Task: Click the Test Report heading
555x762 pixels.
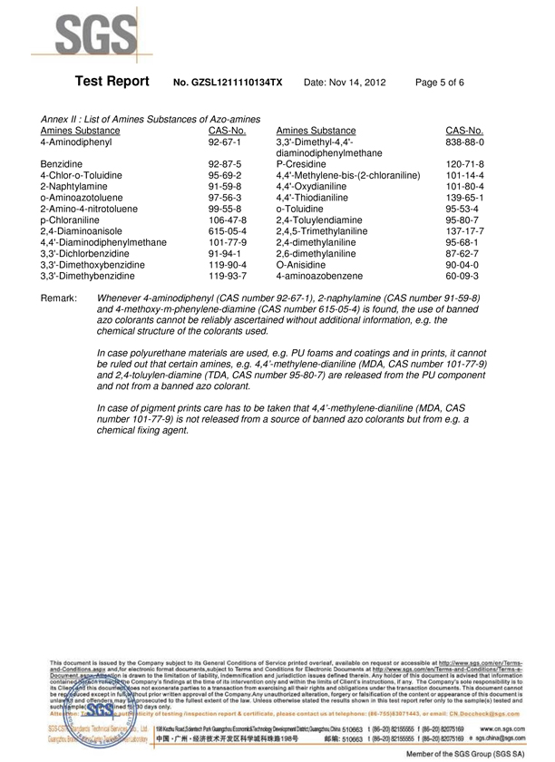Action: tap(112, 82)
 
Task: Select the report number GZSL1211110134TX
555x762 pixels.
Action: tap(228, 83)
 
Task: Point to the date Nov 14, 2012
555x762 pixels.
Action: tap(345, 83)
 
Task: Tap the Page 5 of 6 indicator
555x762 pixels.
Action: tap(440, 83)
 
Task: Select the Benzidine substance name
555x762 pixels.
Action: tap(62, 165)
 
